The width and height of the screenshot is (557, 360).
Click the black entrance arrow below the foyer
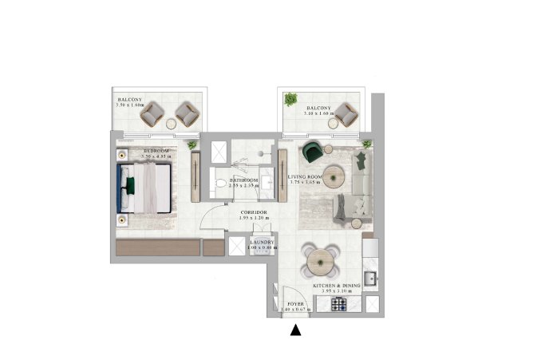[x=295, y=330]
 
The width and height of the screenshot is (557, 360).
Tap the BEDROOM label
[x=156, y=150]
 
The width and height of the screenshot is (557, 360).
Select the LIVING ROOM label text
[x=304, y=176]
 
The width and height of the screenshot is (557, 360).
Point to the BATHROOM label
[x=243, y=180]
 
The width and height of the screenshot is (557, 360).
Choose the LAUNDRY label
[x=263, y=241]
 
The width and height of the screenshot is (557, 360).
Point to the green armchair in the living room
[x=312, y=152]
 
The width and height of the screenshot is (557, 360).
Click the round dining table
[x=318, y=257]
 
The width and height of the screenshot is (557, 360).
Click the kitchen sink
[x=372, y=276]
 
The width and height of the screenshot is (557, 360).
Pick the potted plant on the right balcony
[x=291, y=99]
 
